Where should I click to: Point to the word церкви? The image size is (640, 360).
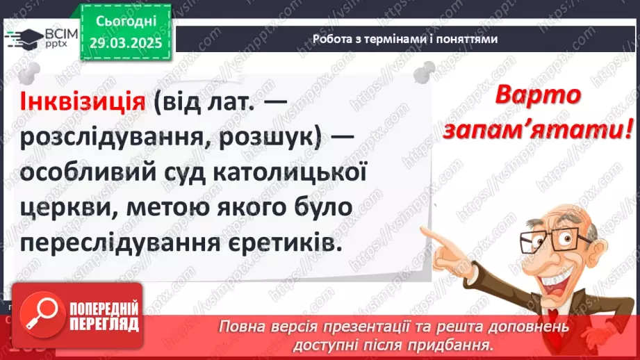pyautogui.click(x=63, y=209)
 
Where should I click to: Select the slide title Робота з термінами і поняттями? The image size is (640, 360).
pyautogui.click(x=405, y=40)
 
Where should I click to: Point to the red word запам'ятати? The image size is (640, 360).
pyautogui.click(x=560, y=130)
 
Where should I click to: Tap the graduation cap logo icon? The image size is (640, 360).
pyautogui.click(x=22, y=39)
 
